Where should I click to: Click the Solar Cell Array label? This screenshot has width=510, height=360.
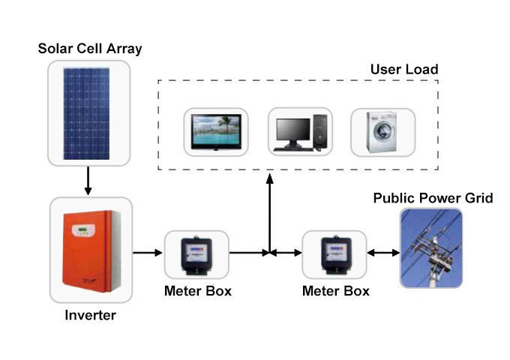click(x=90, y=49)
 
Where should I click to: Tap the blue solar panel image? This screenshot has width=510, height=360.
click(x=88, y=113)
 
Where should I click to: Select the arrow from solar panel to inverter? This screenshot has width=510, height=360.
click(x=88, y=180)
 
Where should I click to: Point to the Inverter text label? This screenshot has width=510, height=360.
click(x=90, y=315)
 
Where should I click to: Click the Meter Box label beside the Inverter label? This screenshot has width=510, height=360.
click(x=198, y=291)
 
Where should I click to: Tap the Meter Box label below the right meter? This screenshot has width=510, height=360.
click(x=335, y=291)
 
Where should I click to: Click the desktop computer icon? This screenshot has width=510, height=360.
click(x=299, y=133)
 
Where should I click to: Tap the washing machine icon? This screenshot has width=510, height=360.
click(x=382, y=133)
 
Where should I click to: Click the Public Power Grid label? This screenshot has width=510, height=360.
click(x=433, y=199)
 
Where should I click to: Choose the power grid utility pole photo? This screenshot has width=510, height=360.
click(x=430, y=248)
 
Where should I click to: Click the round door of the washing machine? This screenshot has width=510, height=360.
click(x=383, y=136)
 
